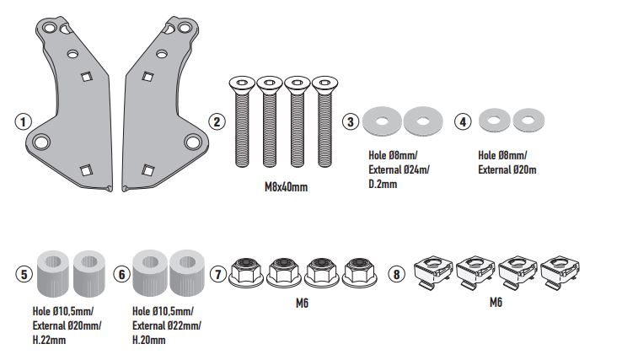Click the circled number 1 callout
tap(23, 121)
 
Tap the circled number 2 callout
tap(217, 121)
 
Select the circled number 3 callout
tap(351, 121)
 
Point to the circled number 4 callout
tap(462, 121)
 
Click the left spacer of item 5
tap(55, 270)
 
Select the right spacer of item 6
tap(187, 270)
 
